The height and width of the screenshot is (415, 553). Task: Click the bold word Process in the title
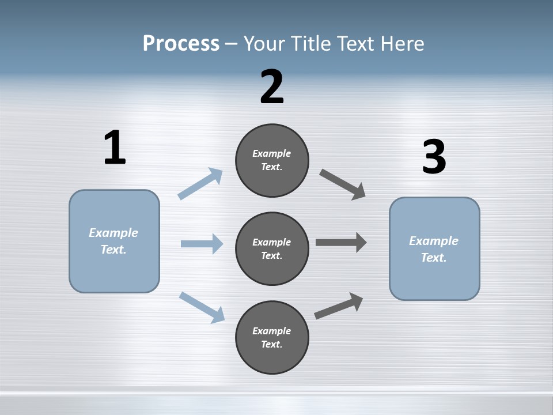(181, 43)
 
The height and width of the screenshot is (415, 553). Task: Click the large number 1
(115, 148)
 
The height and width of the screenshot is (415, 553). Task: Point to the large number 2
(272, 87)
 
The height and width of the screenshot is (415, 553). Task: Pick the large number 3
(434, 157)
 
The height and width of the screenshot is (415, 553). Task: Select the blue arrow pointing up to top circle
(200, 184)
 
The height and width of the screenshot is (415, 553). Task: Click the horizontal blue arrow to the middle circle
(202, 244)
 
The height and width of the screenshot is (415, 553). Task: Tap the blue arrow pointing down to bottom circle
(202, 307)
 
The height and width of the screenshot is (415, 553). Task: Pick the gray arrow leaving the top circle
(343, 184)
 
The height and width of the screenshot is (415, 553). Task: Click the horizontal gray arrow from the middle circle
(341, 243)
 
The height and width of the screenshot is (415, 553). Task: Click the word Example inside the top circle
(271, 153)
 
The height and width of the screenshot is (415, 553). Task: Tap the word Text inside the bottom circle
(271, 344)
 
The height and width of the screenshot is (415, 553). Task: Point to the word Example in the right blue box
(434, 241)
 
